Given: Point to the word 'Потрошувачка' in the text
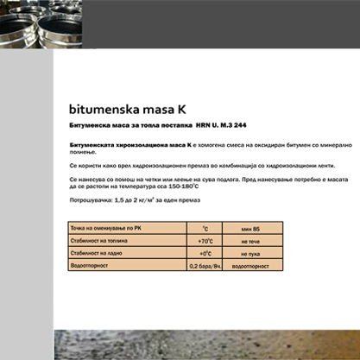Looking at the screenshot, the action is pos(90,200).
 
